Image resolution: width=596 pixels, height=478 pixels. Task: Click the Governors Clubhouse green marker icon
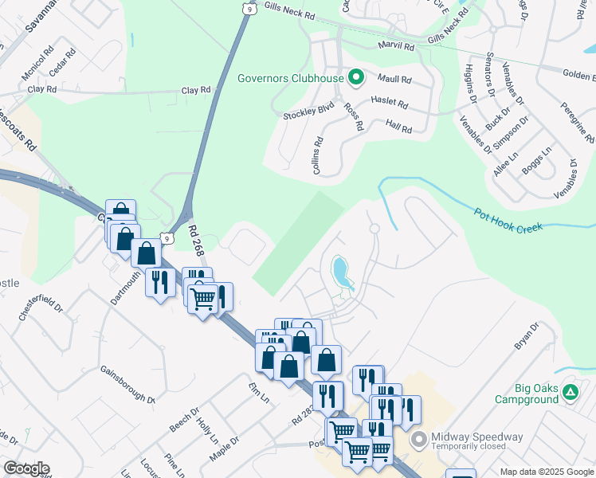pos(356,78)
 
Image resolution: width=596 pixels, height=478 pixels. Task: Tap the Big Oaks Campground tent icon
pos(570,392)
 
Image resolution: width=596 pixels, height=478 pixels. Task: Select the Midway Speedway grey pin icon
pos(419,440)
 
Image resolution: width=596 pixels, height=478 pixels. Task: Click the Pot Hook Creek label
pos(508,221)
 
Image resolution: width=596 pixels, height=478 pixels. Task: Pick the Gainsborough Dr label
pos(127,384)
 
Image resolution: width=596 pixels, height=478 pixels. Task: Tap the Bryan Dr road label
pos(527,336)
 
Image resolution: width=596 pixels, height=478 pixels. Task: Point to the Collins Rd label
pos(317,156)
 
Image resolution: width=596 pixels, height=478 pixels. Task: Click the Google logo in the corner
pos(25,468)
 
